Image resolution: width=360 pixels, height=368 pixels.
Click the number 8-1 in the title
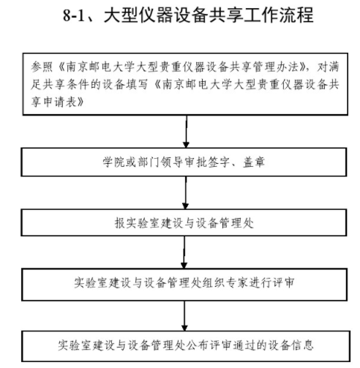[x=74, y=15]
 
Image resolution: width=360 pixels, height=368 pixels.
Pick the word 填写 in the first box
[x=138, y=84]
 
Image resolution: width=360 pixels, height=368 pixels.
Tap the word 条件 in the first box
[x=78, y=84]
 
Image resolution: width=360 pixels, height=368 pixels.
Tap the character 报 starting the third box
[x=120, y=223]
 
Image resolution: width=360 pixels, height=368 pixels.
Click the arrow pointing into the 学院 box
[x=186, y=131]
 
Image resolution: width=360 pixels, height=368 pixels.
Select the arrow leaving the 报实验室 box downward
[x=184, y=252]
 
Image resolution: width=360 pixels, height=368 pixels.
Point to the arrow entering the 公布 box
[x=184, y=316]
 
